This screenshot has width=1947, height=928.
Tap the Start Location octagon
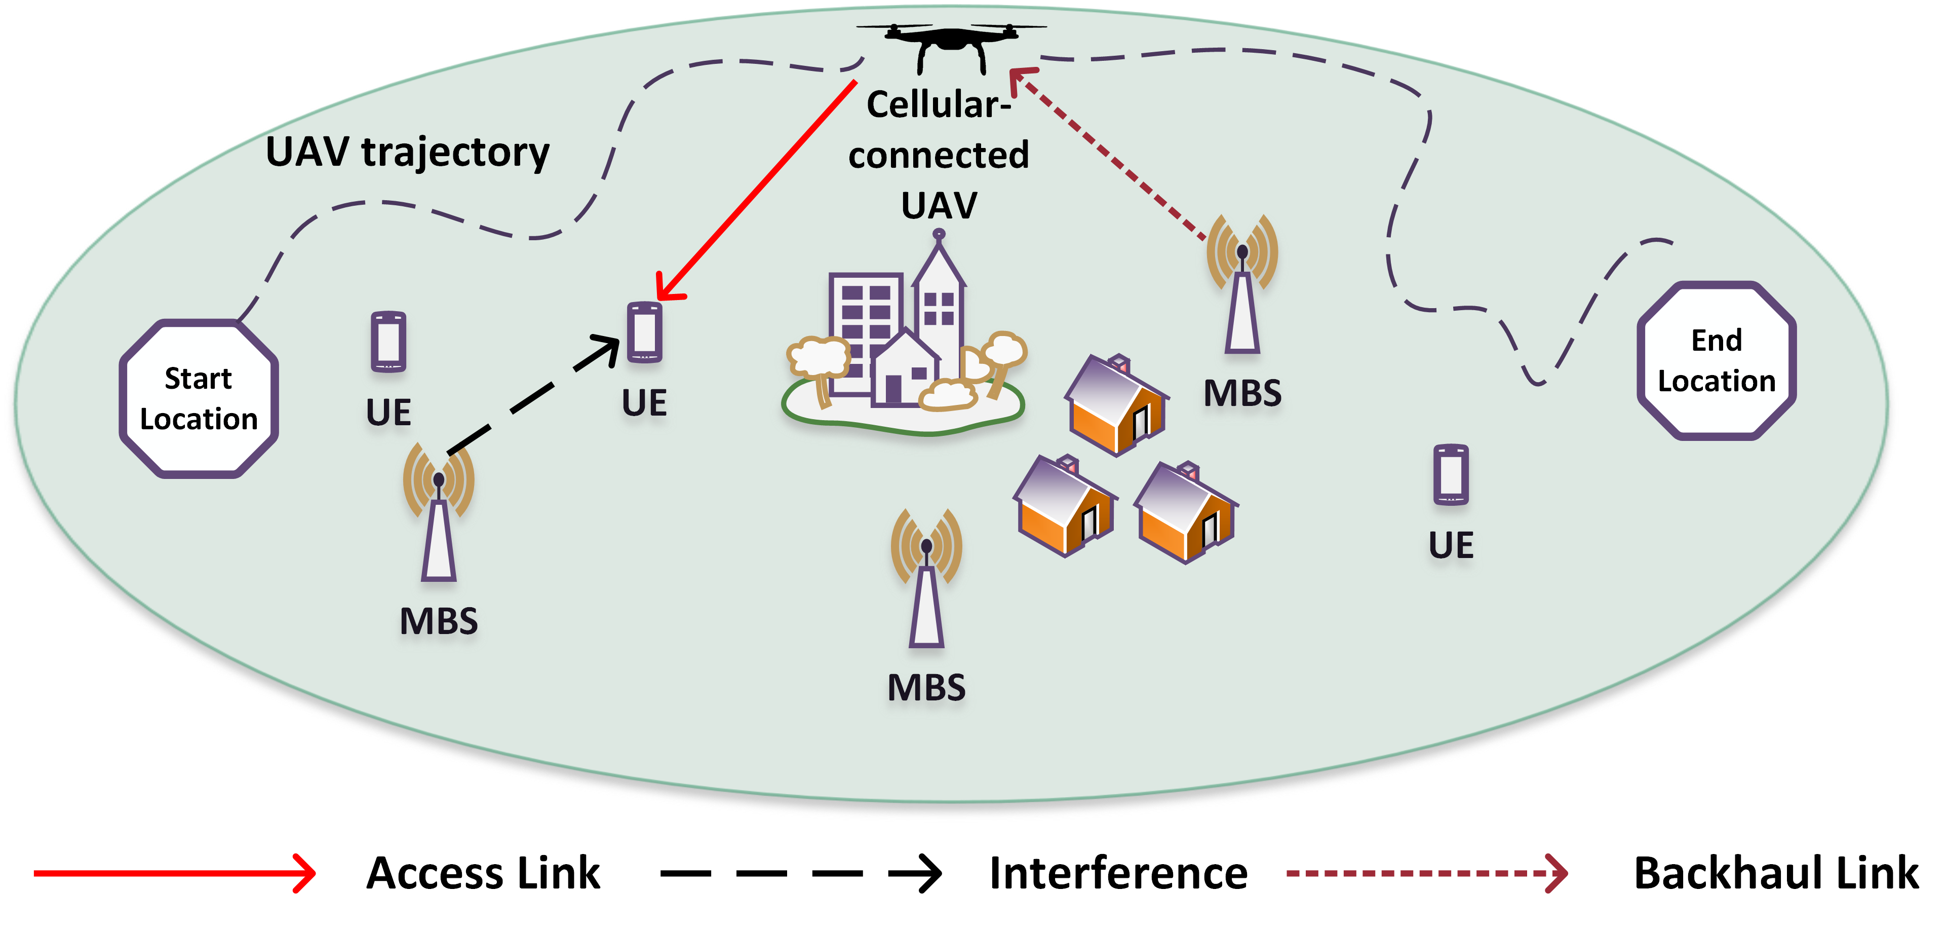[x=199, y=398]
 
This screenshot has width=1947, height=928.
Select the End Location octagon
[x=1717, y=361]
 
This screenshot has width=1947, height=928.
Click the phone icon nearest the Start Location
[x=388, y=342]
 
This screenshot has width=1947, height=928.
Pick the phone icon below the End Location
[x=1451, y=474]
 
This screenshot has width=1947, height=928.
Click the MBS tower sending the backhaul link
[x=1242, y=284]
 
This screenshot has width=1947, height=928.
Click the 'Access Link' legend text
[x=483, y=874]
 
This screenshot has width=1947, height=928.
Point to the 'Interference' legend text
[x=1119, y=874]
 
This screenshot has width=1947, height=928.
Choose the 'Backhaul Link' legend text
[x=1776, y=874]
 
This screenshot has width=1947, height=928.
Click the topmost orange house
[x=1117, y=405]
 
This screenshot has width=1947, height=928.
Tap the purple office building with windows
[x=866, y=333]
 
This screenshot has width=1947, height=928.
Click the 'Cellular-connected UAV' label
[x=939, y=155]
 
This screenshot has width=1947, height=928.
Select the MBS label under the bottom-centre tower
[x=926, y=688]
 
